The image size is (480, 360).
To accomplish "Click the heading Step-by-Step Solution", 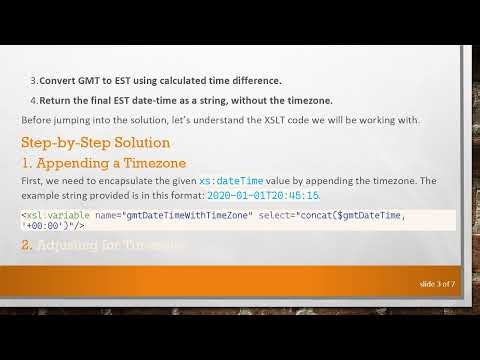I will pos(96,143).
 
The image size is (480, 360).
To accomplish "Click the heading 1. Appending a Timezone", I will pos(98,162).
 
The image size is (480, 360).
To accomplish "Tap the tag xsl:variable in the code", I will pos(51,216).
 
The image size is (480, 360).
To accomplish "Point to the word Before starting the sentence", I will pos(37,121).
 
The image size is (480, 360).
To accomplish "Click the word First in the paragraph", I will pos(32,180).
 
